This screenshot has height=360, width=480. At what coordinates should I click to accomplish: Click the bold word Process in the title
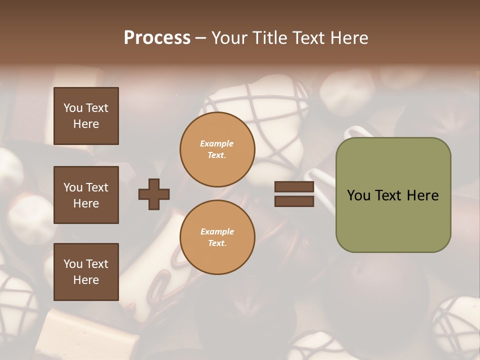point(157,38)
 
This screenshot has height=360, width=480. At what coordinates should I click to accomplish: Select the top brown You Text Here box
point(86,116)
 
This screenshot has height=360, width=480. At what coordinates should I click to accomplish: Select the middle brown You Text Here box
point(86,195)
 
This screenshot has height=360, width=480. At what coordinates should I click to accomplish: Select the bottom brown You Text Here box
point(86,272)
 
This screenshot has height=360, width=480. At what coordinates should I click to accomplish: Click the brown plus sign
point(154,194)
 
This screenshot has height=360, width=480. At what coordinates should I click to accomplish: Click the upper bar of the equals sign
point(294,187)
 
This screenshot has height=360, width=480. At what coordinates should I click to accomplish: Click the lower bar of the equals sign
point(294,201)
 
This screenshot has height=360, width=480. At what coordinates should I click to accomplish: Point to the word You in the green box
point(358,195)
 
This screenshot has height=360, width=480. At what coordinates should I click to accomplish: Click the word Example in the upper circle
point(216,143)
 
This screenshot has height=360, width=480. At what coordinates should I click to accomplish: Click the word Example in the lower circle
point(217,231)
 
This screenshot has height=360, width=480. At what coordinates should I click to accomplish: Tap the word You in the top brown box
point(72,108)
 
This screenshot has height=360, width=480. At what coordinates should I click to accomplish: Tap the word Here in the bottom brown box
point(86,280)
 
